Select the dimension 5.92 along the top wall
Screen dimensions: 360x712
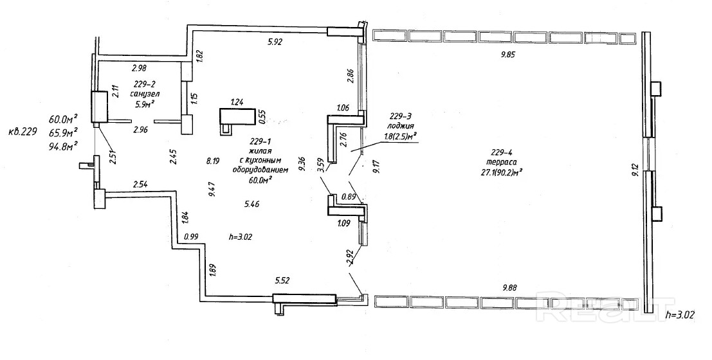(275, 42)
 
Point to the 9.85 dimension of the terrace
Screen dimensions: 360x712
(509, 55)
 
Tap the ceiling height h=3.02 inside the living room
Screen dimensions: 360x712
(246, 237)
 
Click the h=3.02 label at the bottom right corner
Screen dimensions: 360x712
(686, 315)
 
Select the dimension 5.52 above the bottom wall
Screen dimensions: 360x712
(284, 280)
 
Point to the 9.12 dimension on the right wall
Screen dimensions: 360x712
(635, 170)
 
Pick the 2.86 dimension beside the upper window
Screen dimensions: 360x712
(350, 75)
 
